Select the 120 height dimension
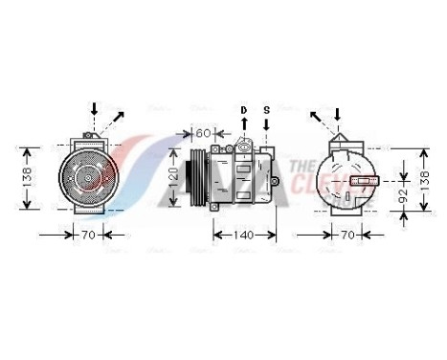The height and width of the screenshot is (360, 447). pyautogui.click(x=173, y=174)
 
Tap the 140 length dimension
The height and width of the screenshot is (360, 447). pyautogui.click(x=243, y=234)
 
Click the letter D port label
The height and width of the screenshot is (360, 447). pyautogui.click(x=243, y=110)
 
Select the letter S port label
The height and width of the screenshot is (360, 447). pyautogui.click(x=267, y=110)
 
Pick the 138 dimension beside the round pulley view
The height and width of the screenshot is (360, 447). pyautogui.click(x=29, y=177)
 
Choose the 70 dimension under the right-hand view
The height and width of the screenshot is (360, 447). pyautogui.click(x=347, y=234)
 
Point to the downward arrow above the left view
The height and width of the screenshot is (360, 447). pyautogui.click(x=93, y=108)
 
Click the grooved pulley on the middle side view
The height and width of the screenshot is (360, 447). pyautogui.click(x=198, y=177)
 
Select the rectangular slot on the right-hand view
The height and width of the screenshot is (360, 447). pyautogui.click(x=364, y=178)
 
